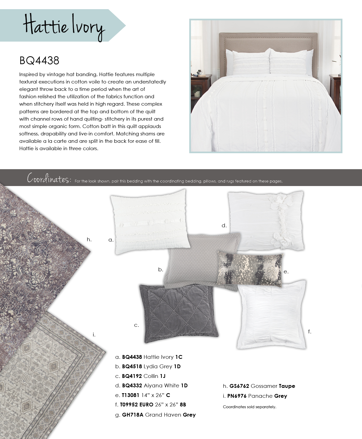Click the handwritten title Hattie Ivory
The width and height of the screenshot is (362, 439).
[x=64, y=27]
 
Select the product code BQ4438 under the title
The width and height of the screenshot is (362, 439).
[x=39, y=61]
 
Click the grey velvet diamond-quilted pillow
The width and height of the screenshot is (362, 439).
[x=178, y=314]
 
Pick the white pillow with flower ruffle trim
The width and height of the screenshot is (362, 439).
[x=265, y=220]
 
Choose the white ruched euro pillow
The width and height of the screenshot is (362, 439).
[x=271, y=314]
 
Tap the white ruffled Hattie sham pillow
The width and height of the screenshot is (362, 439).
[x=150, y=220]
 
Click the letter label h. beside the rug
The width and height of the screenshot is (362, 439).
[x=89, y=239]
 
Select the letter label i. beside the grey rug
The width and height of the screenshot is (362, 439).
[x=94, y=335]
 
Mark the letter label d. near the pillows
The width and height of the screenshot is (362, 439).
[x=224, y=225]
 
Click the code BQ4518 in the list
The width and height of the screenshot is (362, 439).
[x=132, y=366]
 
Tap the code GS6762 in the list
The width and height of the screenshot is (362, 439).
[x=239, y=386]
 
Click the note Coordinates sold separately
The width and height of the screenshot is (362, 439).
[x=249, y=407]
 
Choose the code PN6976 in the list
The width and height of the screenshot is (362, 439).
[x=238, y=396]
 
